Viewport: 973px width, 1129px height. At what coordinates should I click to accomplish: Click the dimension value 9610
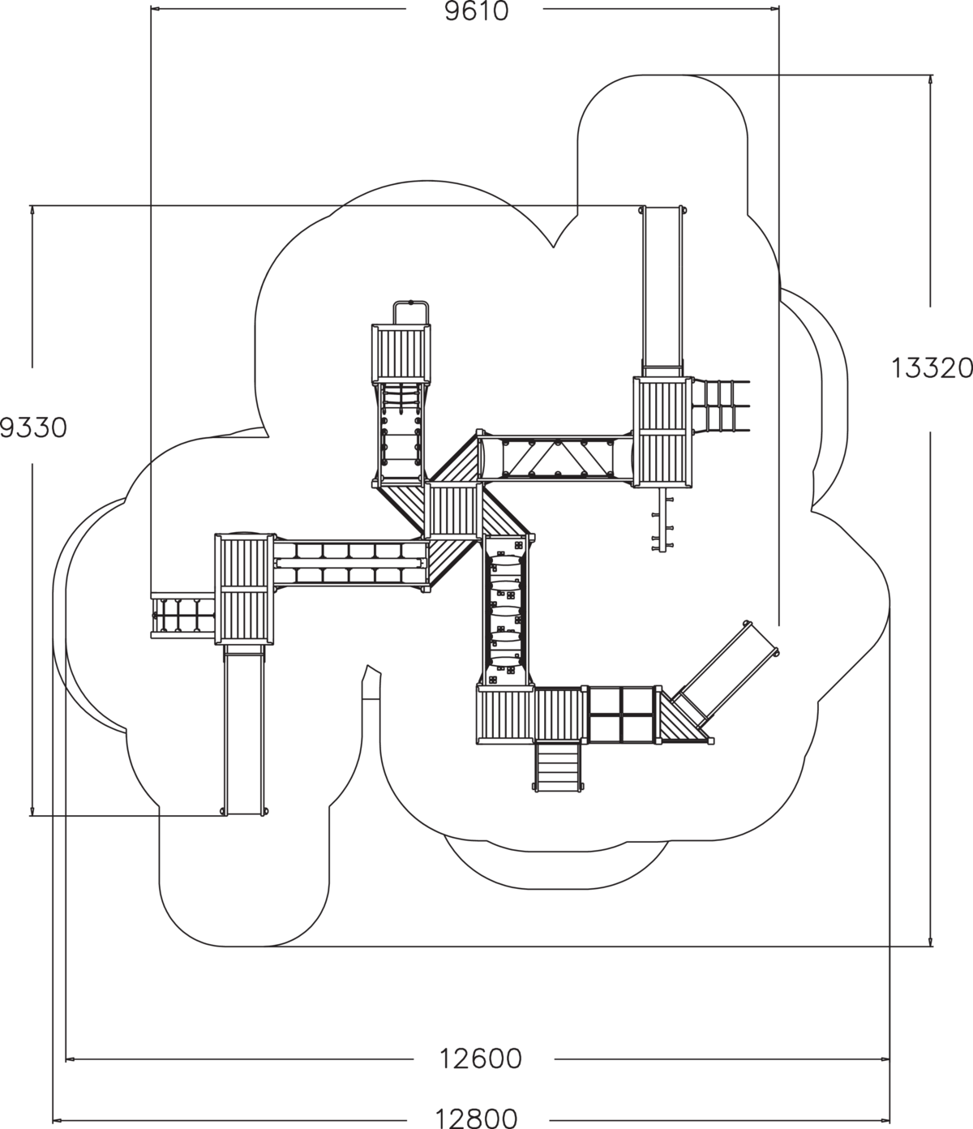coord(476,11)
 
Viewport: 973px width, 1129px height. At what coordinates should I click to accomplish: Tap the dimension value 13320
coord(932,368)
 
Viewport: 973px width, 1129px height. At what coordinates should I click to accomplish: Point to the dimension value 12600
coord(481,1058)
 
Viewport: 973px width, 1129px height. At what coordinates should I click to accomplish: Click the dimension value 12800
coord(476,1118)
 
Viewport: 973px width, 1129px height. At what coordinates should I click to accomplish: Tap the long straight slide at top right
coord(662,288)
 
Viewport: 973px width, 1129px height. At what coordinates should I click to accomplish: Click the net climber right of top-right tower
coord(722,406)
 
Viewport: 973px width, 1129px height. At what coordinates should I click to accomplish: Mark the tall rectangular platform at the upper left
coord(401,354)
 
